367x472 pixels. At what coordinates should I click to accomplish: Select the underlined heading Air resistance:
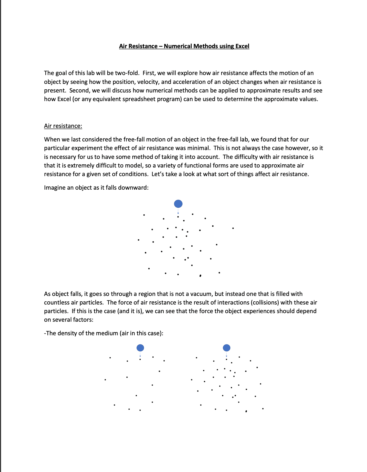[63, 126]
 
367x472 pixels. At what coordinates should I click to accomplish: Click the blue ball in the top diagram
[178, 204]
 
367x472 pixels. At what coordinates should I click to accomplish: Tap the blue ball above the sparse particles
[140, 348]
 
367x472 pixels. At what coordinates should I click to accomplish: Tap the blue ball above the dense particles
[227, 348]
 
